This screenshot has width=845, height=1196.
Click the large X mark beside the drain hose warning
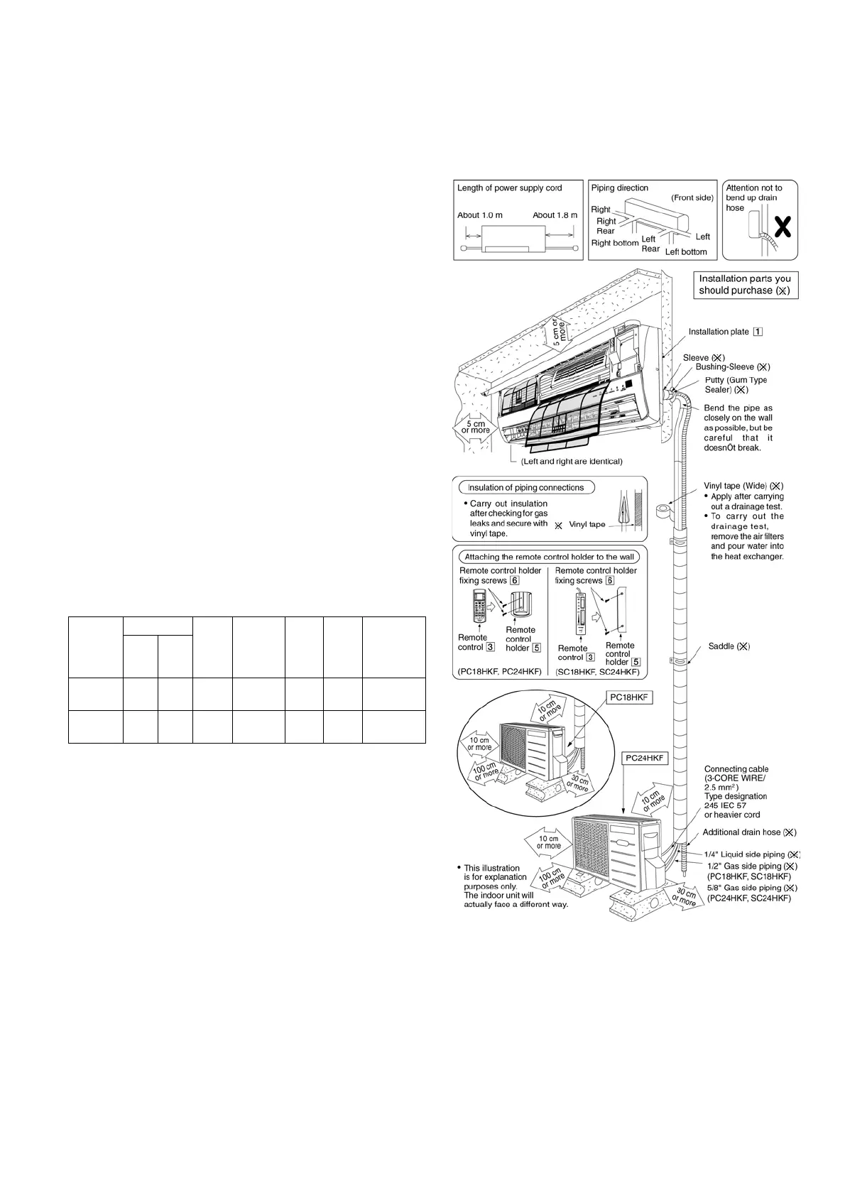point(782,227)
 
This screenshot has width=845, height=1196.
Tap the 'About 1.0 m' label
point(479,215)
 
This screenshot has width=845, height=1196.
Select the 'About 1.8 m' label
point(555,215)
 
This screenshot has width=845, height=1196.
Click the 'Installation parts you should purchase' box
point(745,285)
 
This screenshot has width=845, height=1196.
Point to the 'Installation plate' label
point(719,332)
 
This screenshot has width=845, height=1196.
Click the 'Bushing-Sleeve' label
point(732,367)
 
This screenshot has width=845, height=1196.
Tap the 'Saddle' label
point(729,646)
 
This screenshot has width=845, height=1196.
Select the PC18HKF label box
point(628,698)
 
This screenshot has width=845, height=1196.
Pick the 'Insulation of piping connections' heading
point(525,488)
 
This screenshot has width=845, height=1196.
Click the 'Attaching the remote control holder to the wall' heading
point(550,557)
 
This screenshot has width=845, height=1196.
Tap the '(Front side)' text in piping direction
point(692,198)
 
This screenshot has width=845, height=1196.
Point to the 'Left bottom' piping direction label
point(686,252)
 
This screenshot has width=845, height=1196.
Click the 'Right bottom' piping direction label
point(615,243)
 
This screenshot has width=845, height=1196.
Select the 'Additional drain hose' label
point(749,832)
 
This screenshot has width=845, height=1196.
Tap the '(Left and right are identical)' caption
point(572,462)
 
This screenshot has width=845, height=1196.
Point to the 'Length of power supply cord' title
point(509,188)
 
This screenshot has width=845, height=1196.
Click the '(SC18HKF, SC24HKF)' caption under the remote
point(597,672)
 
